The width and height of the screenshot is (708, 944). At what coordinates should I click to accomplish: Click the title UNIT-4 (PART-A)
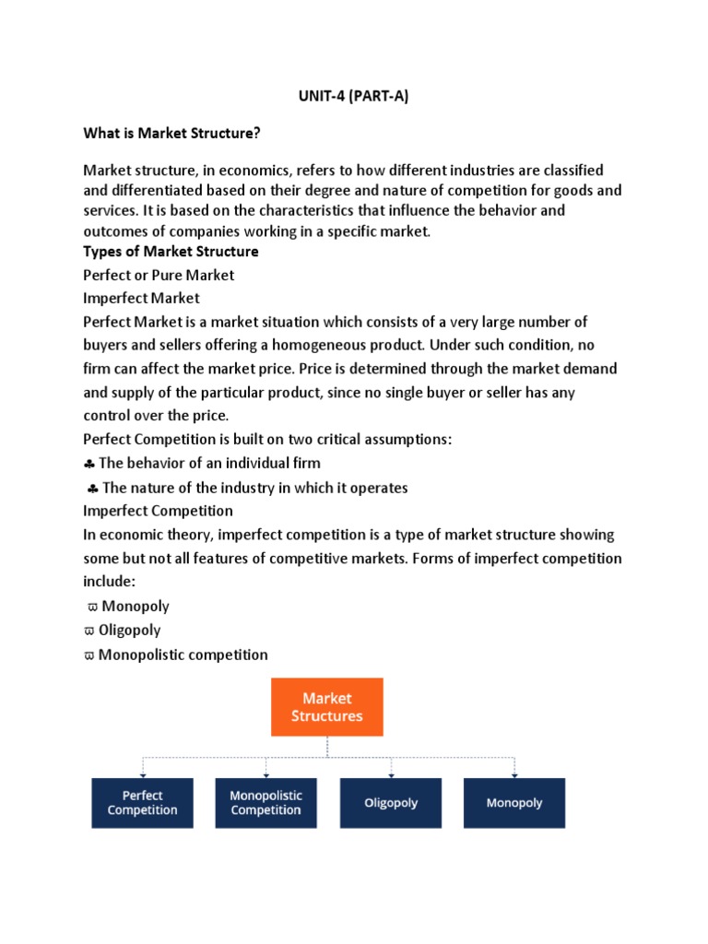pos(354,96)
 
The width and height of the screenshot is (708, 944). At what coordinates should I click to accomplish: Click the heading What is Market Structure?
pos(171,134)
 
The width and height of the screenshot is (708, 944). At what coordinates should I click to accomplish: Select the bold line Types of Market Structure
pos(171,252)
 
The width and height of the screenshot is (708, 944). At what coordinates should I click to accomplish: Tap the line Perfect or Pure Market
pos(159,275)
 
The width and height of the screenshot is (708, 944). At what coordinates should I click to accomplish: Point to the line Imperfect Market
pos(141,299)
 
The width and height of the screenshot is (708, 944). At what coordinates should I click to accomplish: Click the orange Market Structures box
pos(326,707)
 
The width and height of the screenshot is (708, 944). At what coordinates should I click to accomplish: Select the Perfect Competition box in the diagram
pos(142,803)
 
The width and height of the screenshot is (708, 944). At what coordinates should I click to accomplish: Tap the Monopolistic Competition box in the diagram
pos(265,803)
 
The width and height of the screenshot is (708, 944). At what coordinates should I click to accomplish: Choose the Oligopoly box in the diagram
pos(391,803)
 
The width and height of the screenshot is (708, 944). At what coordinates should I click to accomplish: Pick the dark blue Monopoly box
pos(514,803)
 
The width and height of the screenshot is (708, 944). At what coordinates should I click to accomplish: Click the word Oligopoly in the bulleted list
pos(131,631)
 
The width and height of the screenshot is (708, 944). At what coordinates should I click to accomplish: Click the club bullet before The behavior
pos(88,463)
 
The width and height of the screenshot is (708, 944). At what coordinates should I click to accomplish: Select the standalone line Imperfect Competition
pos(158,511)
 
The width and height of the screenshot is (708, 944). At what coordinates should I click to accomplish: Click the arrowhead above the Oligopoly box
pos(391,773)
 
